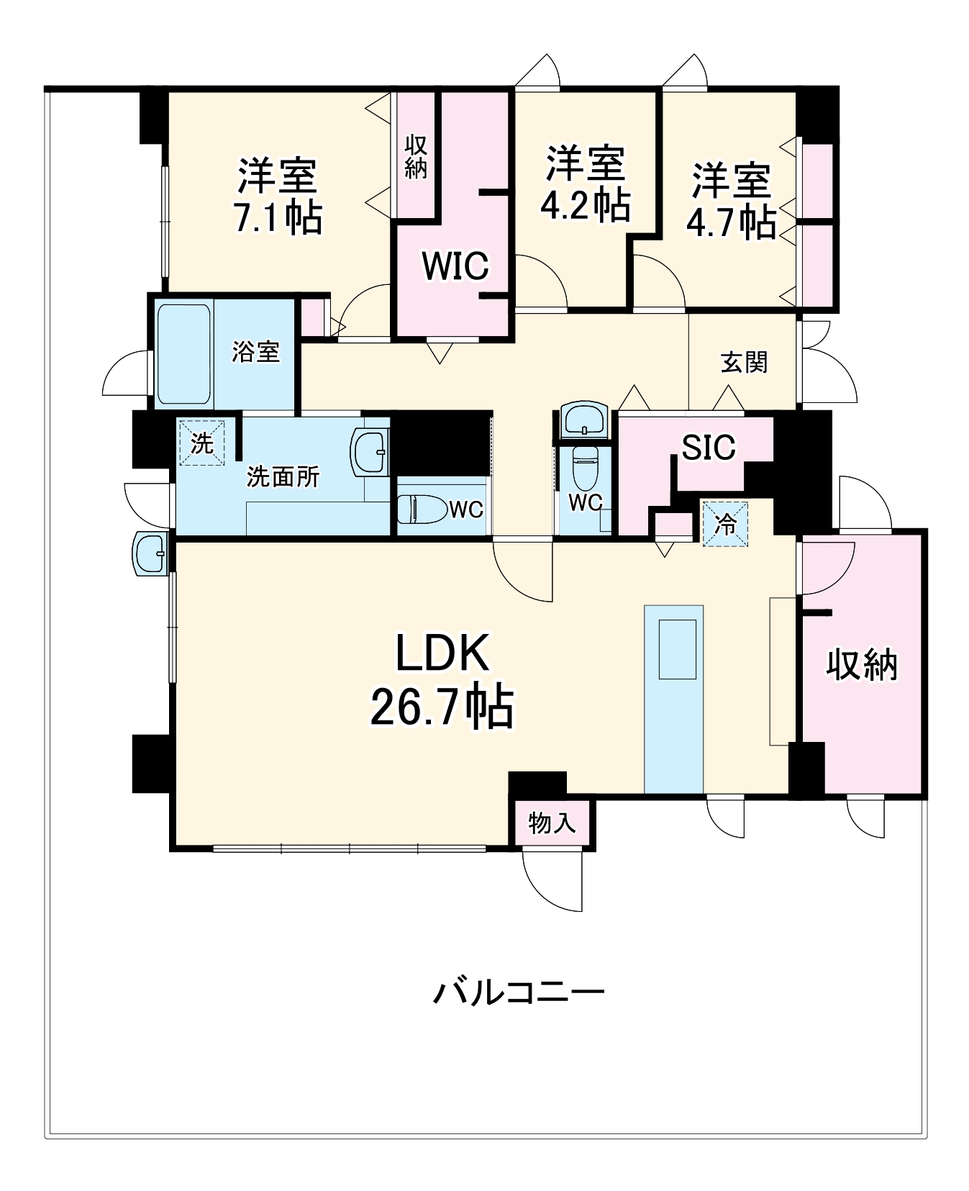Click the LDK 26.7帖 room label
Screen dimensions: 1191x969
point(442,679)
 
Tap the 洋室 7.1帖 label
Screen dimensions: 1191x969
point(278,196)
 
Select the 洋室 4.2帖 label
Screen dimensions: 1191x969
point(585,184)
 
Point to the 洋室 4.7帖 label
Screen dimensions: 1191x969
point(731,201)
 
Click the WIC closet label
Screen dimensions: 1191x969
point(455,266)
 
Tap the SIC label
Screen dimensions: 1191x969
point(708,448)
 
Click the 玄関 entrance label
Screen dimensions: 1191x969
point(744,362)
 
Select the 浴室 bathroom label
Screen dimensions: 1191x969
point(255,352)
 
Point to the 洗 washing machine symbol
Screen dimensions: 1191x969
point(201,443)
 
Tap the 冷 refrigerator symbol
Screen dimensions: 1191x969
point(725,524)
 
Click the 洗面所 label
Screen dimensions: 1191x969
point(283,476)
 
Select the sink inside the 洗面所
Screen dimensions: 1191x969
point(370,451)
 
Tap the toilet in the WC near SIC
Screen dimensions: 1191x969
point(583,468)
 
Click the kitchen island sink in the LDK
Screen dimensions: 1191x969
point(677,648)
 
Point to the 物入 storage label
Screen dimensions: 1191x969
point(552,822)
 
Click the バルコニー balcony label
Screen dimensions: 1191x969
point(518,992)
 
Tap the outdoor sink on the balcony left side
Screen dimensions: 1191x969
point(151,554)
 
